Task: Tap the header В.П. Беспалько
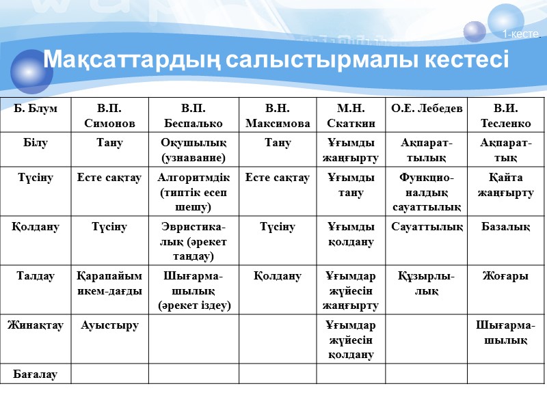[193, 115]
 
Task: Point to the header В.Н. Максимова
[278, 115]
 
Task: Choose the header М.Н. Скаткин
[351, 115]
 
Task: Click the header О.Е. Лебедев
[427, 109]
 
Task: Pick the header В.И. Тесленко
[506, 115]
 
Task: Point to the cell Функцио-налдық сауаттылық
[427, 192]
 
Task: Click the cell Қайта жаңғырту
[506, 185]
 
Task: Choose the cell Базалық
[506, 226]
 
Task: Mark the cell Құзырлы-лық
[427, 284]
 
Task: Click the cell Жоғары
[506, 276]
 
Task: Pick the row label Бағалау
[35, 374]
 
